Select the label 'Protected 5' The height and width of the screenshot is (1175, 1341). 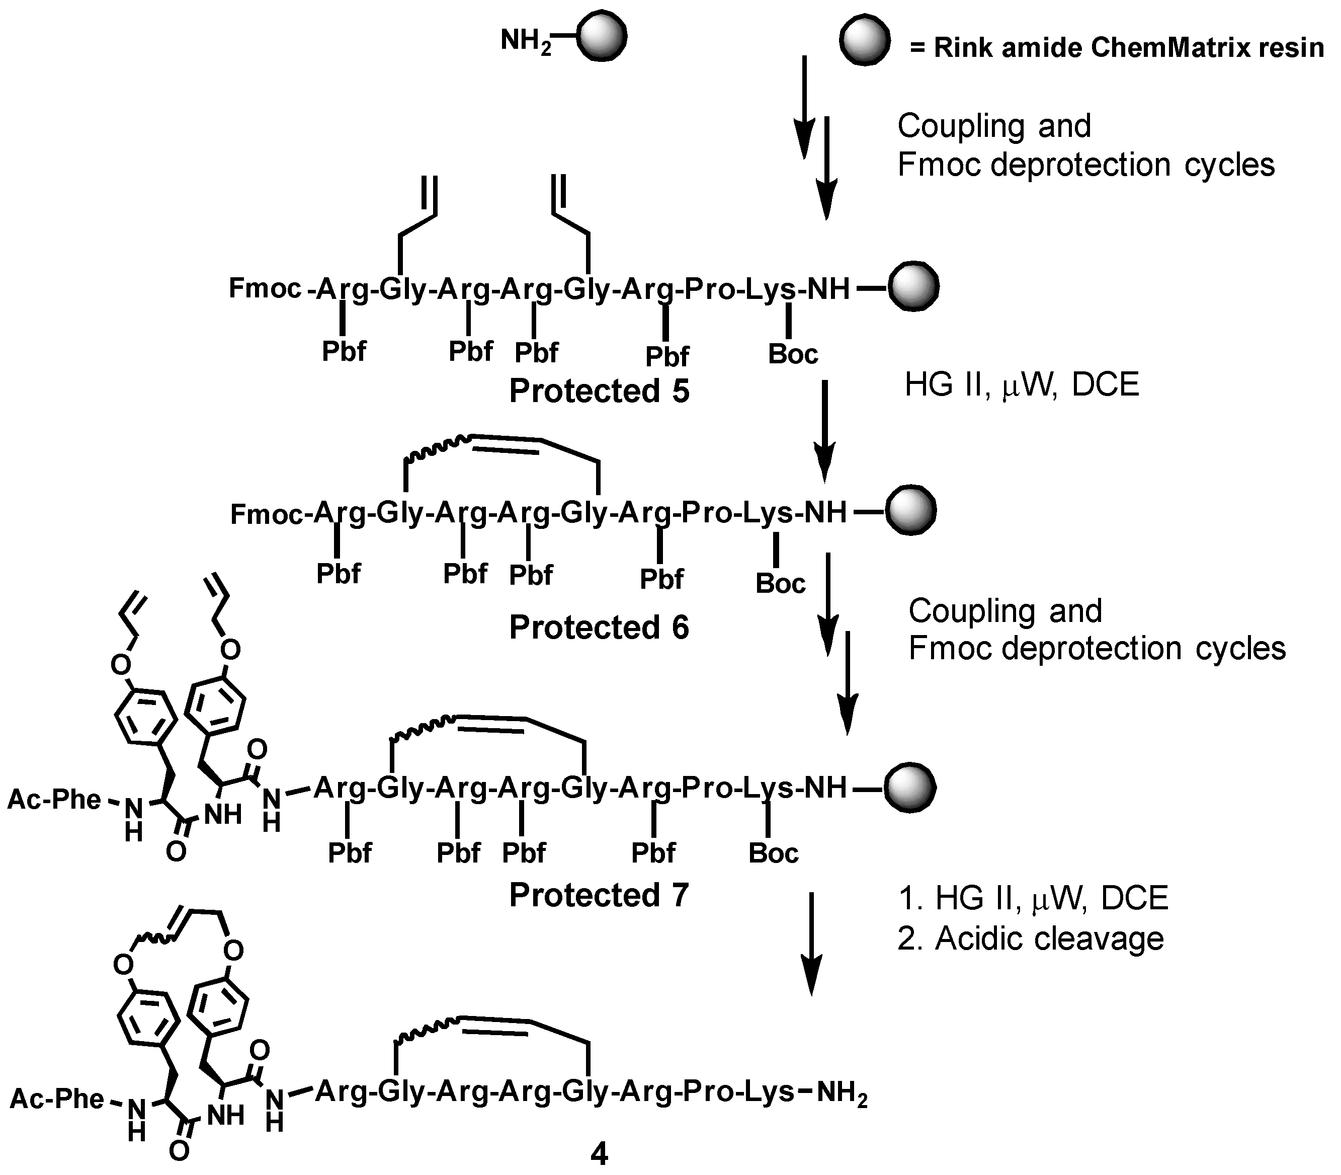599,391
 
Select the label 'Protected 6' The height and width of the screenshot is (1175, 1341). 599,628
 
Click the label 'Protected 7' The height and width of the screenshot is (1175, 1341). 599,895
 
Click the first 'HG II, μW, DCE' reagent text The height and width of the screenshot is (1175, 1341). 1022,385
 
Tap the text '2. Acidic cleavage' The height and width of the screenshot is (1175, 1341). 1030,938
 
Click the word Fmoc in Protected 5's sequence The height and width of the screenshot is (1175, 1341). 265,288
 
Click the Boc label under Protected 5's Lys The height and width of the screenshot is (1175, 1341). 793,354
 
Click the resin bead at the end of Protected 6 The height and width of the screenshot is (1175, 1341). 910,511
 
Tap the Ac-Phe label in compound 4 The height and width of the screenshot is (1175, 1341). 57,1099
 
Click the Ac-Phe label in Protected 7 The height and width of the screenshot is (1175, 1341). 54,799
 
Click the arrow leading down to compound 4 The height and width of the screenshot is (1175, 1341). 811,944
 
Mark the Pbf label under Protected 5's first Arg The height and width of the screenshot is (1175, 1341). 344,351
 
